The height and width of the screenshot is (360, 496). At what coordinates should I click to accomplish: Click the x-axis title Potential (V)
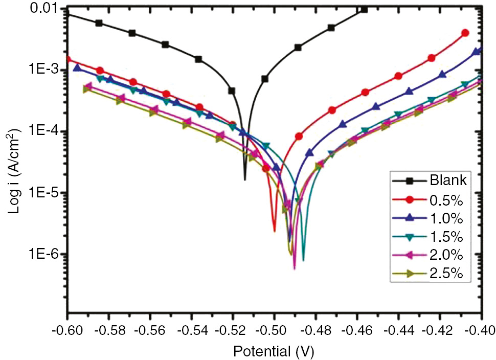[274, 351]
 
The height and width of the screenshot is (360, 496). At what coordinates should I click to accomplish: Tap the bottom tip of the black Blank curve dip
[245, 179]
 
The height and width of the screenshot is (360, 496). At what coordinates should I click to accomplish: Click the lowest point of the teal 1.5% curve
[303, 260]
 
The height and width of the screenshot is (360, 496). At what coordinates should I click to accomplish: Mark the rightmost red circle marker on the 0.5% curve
[465, 33]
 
